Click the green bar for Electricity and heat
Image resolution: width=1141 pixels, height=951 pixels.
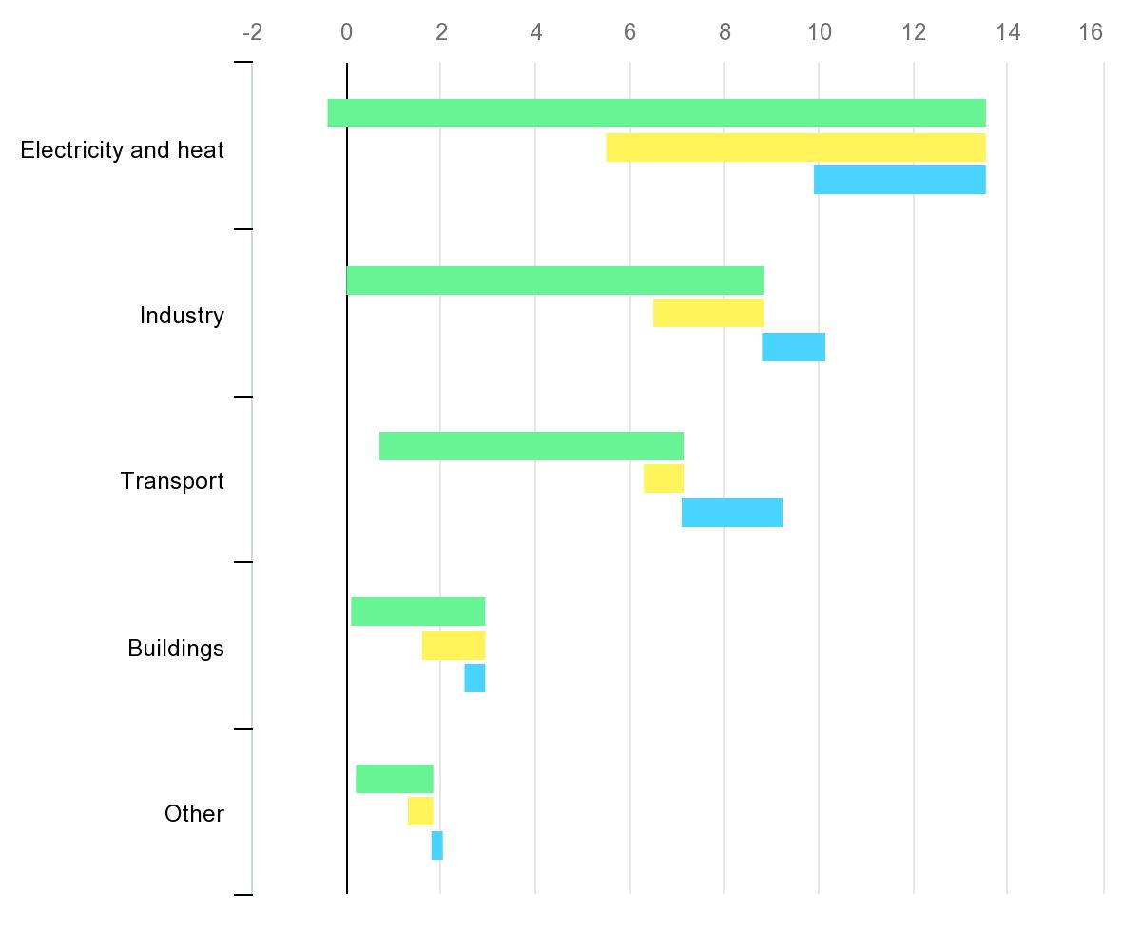pyautogui.click(x=656, y=113)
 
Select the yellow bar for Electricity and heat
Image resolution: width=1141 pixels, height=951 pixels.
pyautogui.click(x=796, y=147)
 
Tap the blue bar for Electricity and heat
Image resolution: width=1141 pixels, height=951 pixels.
pyautogui.click(x=899, y=180)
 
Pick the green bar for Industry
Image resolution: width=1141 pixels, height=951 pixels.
pyautogui.click(x=555, y=281)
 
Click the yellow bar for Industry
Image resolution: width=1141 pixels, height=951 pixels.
pyautogui.click(x=708, y=313)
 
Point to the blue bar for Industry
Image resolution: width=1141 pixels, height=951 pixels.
pyautogui.click(x=793, y=347)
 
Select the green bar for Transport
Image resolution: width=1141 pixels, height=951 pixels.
pyautogui.click(x=532, y=446)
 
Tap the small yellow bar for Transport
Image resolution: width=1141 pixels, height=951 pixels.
pyautogui.click(x=664, y=478)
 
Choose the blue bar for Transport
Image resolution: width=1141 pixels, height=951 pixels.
pyautogui.click(x=732, y=513)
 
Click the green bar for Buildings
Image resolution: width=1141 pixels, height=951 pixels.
pyautogui.click(x=418, y=611)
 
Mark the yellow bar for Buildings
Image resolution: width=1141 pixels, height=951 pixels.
pyautogui.click(x=454, y=646)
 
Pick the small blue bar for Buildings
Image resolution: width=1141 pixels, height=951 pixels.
pyautogui.click(x=474, y=678)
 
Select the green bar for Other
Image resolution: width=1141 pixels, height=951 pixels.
pyautogui.click(x=395, y=779)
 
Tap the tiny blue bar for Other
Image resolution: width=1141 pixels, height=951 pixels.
pyautogui.click(x=437, y=845)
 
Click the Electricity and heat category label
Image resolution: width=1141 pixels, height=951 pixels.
pyautogui.click(x=123, y=150)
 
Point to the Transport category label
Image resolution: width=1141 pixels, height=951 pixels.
pyautogui.click(x=172, y=481)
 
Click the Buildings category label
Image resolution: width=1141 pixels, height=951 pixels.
pyautogui.click(x=176, y=649)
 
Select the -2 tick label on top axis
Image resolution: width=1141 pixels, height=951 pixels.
pyautogui.click(x=252, y=33)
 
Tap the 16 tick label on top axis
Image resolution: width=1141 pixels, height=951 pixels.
pyautogui.click(x=1091, y=33)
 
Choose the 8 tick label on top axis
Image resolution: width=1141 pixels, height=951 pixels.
pyautogui.click(x=725, y=33)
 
